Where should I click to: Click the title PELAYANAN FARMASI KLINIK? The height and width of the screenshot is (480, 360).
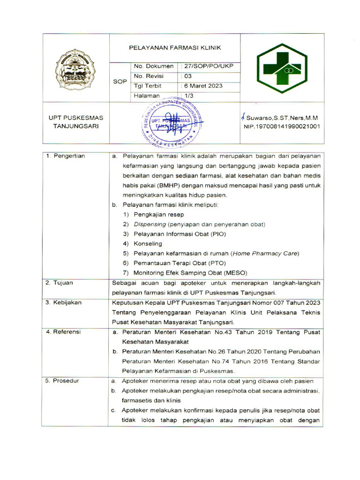click(x=175, y=48)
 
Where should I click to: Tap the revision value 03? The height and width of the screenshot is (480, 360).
click(x=188, y=76)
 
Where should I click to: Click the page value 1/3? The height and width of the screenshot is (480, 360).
click(x=188, y=96)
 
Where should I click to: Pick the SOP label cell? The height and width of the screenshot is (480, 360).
click(x=120, y=82)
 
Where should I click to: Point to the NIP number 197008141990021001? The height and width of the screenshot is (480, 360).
click(x=282, y=127)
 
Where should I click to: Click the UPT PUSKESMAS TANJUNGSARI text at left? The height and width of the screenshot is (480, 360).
click(x=76, y=122)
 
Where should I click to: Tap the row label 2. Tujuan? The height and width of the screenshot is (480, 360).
click(x=59, y=283)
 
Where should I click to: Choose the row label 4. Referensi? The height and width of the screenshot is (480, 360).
click(x=63, y=332)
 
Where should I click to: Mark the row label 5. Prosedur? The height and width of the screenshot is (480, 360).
click(x=62, y=381)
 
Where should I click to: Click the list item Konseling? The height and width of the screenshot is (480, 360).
click(x=148, y=244)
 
